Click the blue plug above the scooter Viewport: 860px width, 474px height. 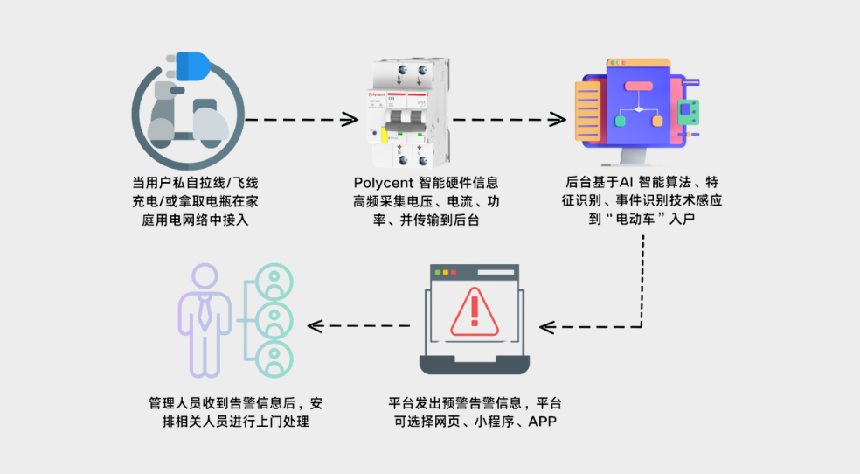[193, 66]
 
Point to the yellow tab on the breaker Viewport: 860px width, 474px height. [384, 139]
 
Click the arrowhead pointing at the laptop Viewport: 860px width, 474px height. [547, 327]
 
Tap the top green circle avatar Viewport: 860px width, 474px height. [276, 282]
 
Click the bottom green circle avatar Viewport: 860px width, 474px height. [276, 358]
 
